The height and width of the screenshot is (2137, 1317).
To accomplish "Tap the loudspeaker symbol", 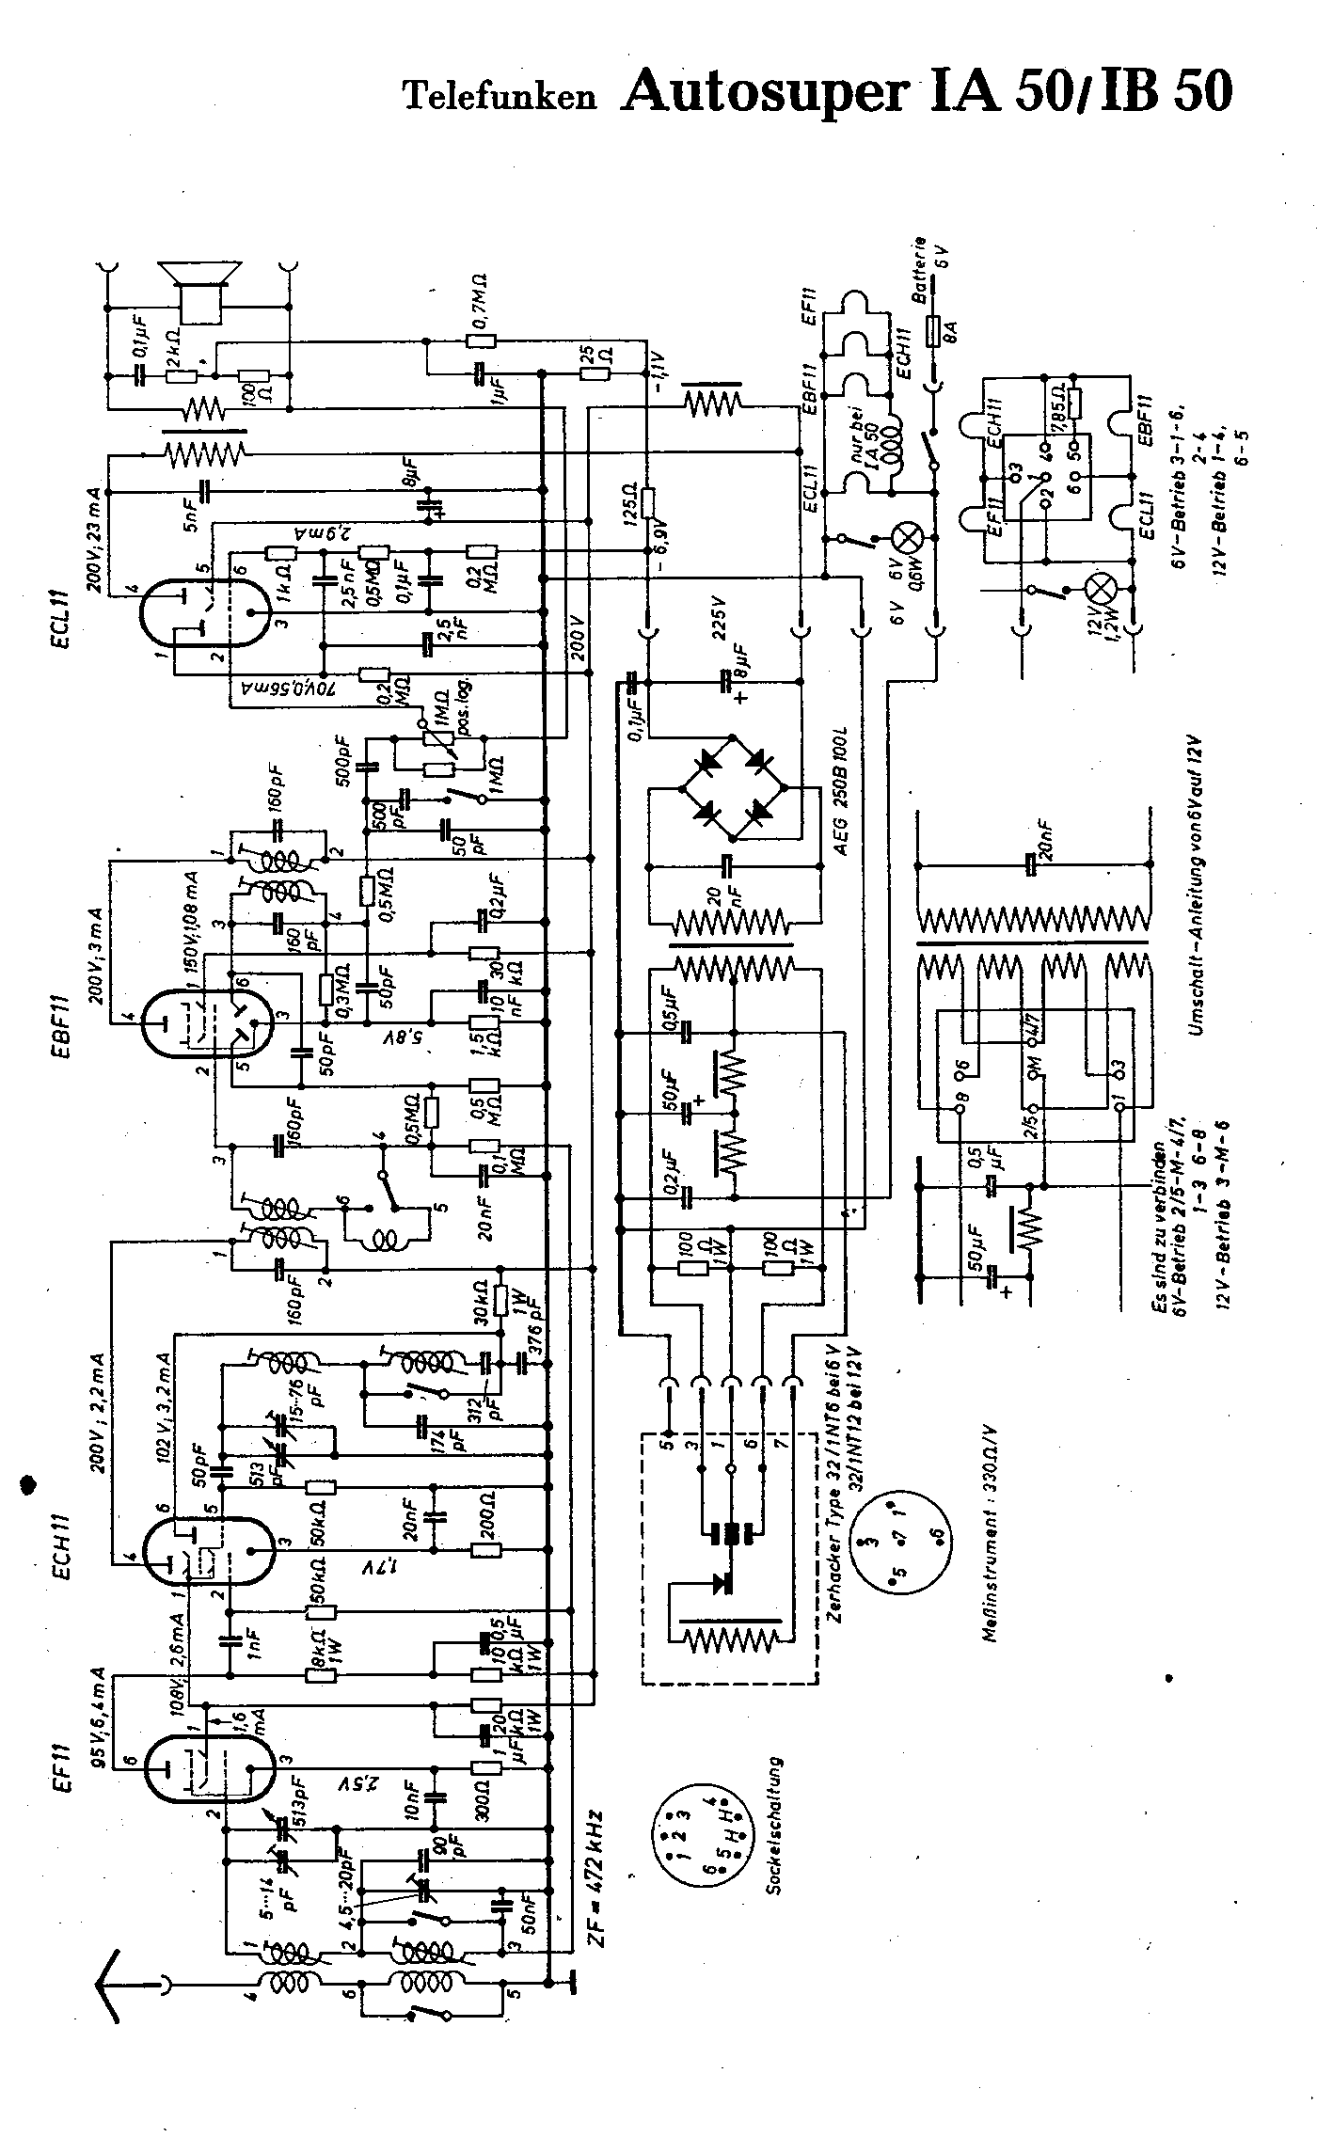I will [200, 286].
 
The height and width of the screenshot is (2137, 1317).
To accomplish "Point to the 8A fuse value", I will [952, 331].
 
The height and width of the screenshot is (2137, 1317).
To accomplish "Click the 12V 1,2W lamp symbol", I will [1102, 591].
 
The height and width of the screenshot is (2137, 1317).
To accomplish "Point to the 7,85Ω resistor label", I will [1058, 407].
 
